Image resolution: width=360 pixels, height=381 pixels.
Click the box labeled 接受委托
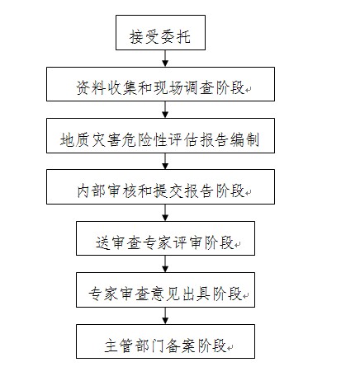coord(160,32)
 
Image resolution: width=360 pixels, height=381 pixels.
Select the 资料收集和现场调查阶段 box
coord(160,84)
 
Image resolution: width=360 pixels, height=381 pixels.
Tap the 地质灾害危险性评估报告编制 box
coord(160,135)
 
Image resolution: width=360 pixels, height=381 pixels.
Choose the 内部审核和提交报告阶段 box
coord(160,187)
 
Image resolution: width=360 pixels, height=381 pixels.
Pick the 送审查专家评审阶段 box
coord(165,238)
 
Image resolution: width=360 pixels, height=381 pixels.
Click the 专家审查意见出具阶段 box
coord(165,289)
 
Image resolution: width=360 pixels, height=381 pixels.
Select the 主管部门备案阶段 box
coord(165,341)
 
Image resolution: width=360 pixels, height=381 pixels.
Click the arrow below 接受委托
coord(165,59)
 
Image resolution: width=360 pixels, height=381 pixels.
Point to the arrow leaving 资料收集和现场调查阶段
coord(165,110)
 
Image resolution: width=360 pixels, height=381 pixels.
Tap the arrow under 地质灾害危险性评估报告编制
coord(165,161)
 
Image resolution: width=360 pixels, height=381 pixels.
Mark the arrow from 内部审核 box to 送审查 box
coord(165,213)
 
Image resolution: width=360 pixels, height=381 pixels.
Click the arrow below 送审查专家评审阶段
coord(165,264)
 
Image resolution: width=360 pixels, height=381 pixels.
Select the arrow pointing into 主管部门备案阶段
coord(165,316)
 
